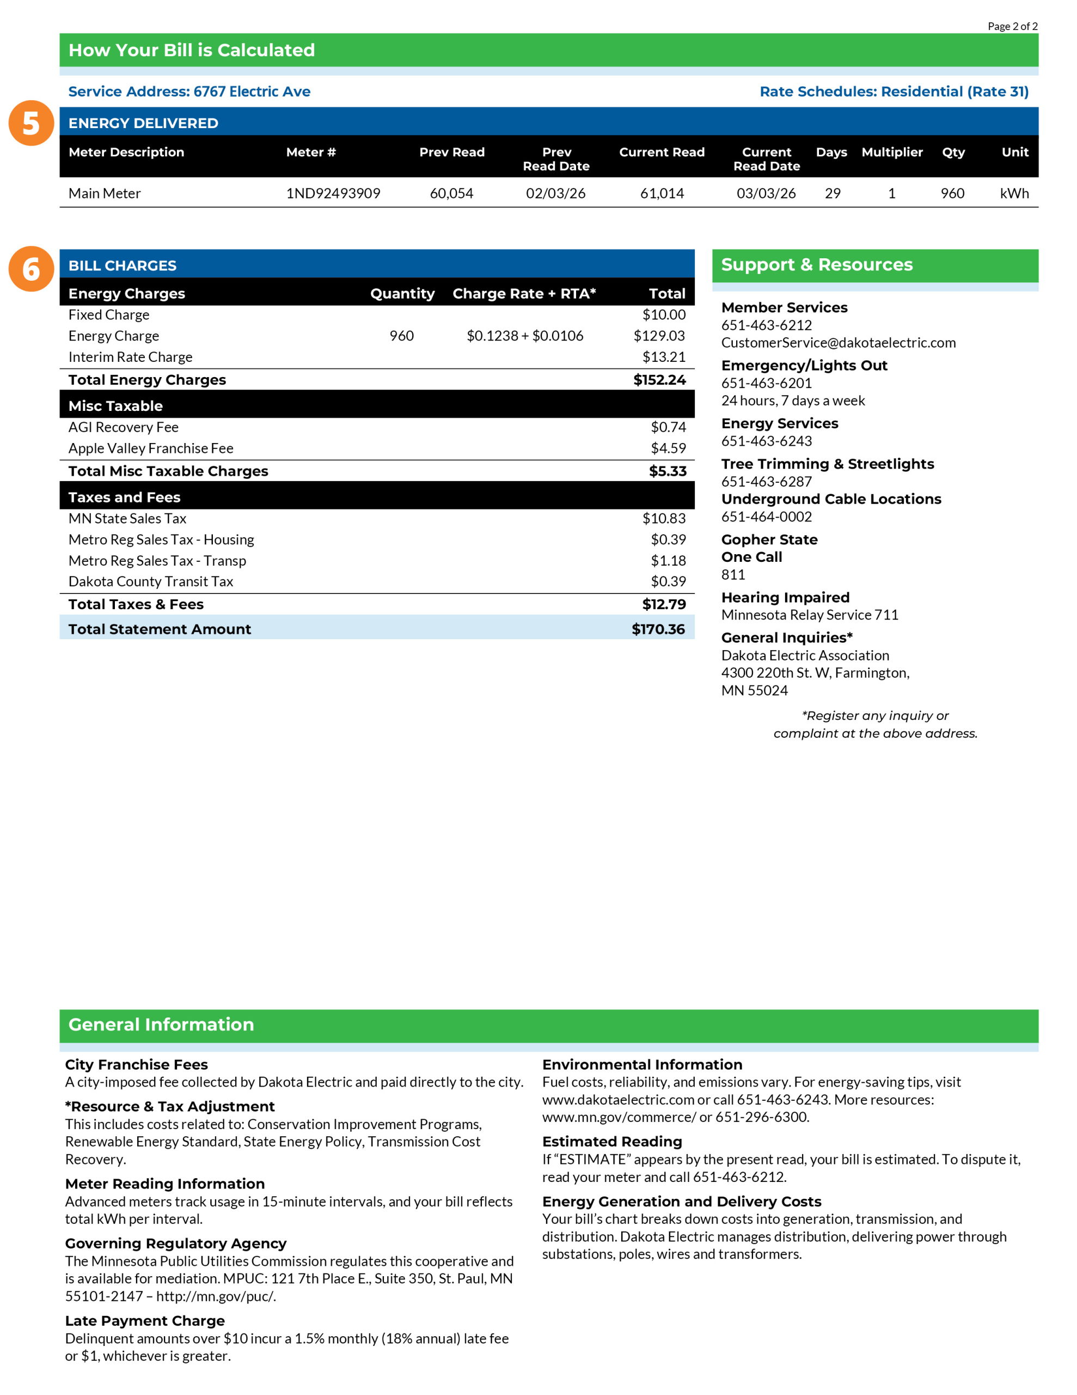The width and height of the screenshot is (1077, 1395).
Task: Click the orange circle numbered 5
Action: pyautogui.click(x=30, y=123)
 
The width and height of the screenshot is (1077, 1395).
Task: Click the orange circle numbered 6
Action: pyautogui.click(x=30, y=269)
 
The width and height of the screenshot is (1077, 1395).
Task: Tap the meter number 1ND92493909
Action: pyautogui.click(x=333, y=193)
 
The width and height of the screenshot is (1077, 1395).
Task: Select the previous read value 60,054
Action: pyautogui.click(x=451, y=193)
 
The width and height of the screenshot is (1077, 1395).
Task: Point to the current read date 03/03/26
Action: pyautogui.click(x=766, y=193)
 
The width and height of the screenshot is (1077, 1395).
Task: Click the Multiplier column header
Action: pyautogui.click(x=891, y=152)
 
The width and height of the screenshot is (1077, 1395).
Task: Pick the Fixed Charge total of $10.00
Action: pyautogui.click(x=663, y=315)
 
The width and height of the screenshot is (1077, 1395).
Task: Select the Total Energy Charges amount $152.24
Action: pyautogui.click(x=659, y=380)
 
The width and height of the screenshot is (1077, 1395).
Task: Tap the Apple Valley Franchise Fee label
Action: pyautogui.click(x=151, y=448)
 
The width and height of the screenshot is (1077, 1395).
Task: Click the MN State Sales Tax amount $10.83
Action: pyautogui.click(x=663, y=519)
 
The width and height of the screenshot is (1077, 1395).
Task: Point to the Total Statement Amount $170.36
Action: pyautogui.click(x=658, y=629)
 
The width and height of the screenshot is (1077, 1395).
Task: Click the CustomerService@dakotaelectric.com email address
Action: pyautogui.click(x=837, y=343)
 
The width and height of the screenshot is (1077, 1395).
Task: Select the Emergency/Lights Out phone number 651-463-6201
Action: pyautogui.click(x=766, y=383)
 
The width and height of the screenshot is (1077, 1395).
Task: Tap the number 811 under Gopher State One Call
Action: pyautogui.click(x=733, y=575)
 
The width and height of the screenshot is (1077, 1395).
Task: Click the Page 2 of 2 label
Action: pyautogui.click(x=1012, y=26)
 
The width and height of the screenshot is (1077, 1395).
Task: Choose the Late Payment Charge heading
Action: pyautogui.click(x=144, y=1320)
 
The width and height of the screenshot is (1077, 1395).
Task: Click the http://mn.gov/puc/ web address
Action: pyautogui.click(x=216, y=1296)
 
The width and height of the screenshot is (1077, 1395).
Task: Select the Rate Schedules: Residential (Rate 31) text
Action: pyautogui.click(x=893, y=92)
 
